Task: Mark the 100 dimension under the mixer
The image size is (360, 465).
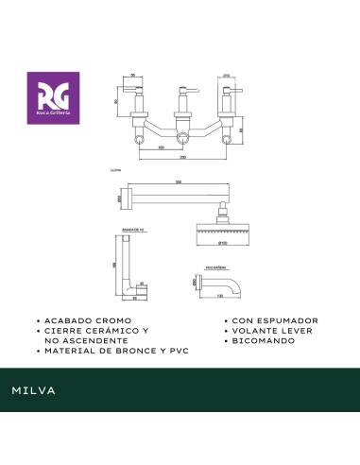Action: pyautogui.click(x=161, y=147)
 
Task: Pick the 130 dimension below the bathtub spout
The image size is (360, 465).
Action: pyautogui.click(x=220, y=297)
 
